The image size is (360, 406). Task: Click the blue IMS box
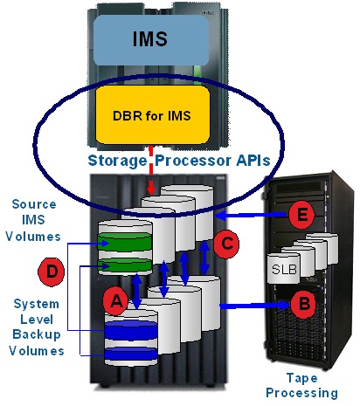tap(151, 40)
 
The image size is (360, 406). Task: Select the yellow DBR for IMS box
tap(153, 114)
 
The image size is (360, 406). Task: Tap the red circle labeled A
tap(115, 301)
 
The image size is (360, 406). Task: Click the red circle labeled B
tap(303, 304)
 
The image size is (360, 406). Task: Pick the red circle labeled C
tap(226, 244)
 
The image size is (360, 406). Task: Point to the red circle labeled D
tap(52, 272)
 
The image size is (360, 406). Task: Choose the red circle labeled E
tap(302, 215)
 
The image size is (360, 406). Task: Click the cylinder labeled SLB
tap(284, 268)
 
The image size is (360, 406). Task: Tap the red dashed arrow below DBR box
tap(151, 170)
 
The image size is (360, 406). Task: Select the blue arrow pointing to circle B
tap(255, 306)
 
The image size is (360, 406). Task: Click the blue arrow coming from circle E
tap(251, 216)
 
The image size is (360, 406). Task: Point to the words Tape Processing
tap(301, 385)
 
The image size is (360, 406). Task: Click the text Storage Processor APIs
tap(179, 161)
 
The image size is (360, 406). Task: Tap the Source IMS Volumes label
tap(33, 220)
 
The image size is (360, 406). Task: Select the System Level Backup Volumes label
tap(37, 327)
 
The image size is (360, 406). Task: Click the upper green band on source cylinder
tap(125, 242)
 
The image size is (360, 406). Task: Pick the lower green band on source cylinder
tap(125, 265)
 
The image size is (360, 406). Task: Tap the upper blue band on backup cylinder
tap(131, 330)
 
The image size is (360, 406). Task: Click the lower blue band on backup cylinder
tap(131, 354)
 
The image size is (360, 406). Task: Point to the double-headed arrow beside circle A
tap(136, 291)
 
